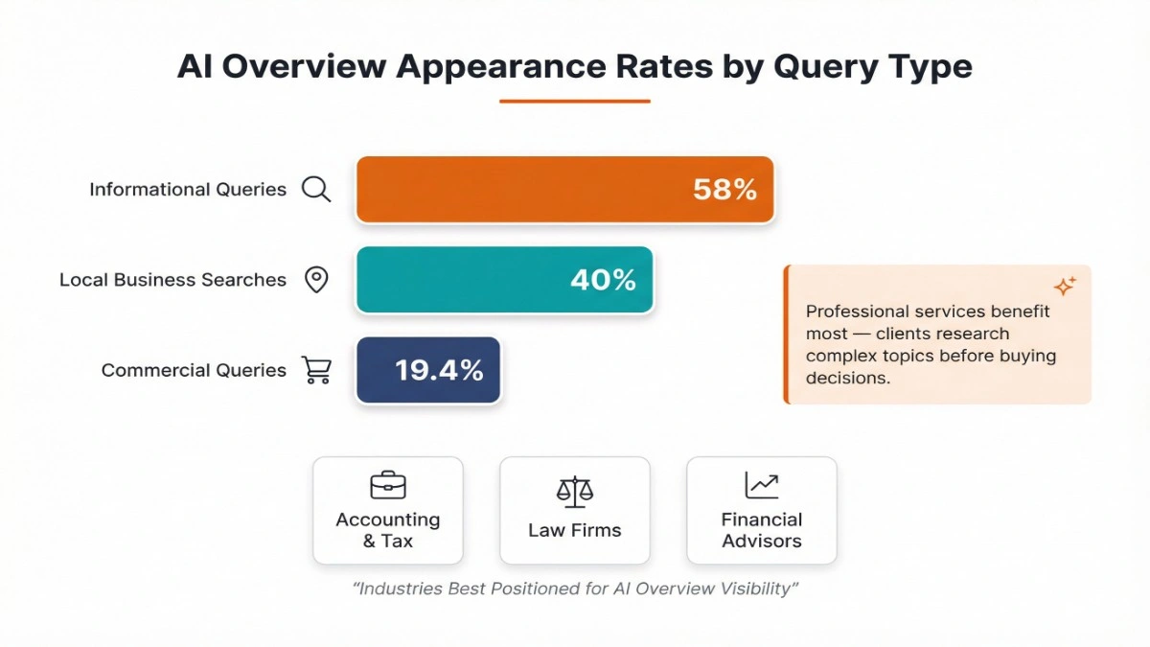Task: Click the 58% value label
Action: click(724, 190)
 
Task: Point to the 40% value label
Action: click(603, 280)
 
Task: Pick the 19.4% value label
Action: click(439, 370)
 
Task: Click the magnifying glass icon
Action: click(316, 189)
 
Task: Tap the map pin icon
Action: click(316, 280)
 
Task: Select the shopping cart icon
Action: click(316, 370)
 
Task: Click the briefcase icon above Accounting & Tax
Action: click(388, 485)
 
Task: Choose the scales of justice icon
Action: click(575, 491)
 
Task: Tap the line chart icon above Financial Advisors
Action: click(762, 485)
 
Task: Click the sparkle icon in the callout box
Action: click(1064, 286)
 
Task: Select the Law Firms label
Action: click(575, 530)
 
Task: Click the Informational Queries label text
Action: click(188, 190)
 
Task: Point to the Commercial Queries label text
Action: click(194, 370)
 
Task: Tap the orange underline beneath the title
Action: click(575, 101)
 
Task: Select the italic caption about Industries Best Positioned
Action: click(575, 589)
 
